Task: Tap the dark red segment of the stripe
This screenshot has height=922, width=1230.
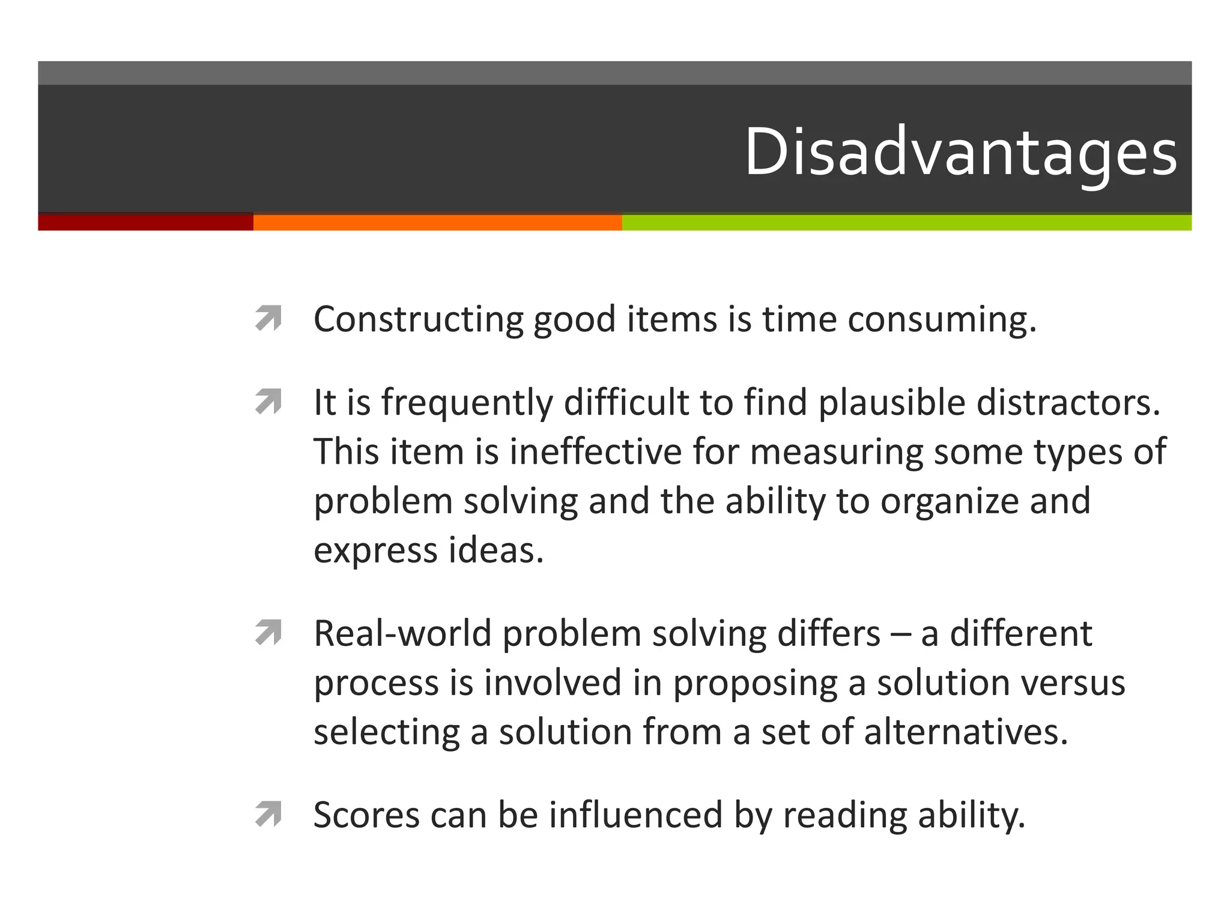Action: coord(145,222)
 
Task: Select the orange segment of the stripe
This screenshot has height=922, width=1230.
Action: coord(437,222)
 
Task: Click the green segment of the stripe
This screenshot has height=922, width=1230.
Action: coord(906,222)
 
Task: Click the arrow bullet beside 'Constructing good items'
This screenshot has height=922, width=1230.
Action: coord(268,318)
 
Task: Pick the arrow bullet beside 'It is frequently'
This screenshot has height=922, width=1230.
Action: coord(268,402)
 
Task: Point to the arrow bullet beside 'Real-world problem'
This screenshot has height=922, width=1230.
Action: coord(268,633)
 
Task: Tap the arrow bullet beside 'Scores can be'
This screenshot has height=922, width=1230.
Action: coord(268,815)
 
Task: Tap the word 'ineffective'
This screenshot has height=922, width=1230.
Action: coord(595,452)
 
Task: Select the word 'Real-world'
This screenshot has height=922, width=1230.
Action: coord(402,634)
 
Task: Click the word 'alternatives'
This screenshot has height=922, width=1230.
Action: coord(966,732)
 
